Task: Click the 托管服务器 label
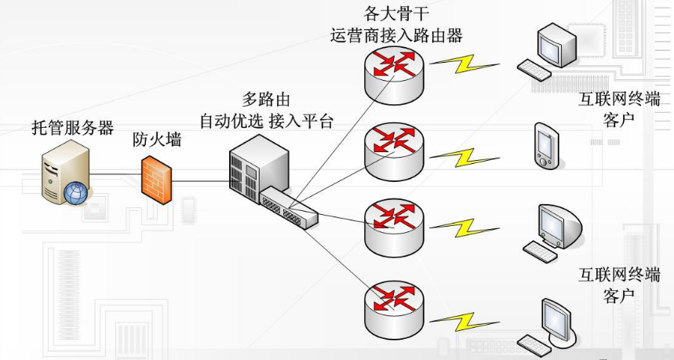tap(72, 128)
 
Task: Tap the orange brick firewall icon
tap(156, 180)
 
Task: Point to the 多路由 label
tap(266, 100)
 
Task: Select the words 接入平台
tap(301, 122)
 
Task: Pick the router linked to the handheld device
tap(393, 147)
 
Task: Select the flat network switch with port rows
tap(290, 208)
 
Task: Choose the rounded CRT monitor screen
tap(556, 225)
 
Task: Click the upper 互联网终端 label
tap(619, 99)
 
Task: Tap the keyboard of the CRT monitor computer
tap(539, 251)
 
